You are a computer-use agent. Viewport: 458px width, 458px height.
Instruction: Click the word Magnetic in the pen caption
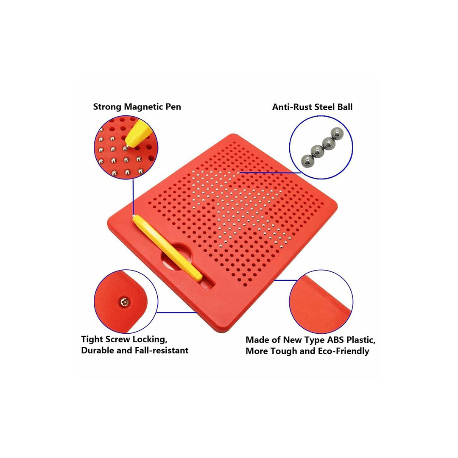pyautogui.click(x=144, y=106)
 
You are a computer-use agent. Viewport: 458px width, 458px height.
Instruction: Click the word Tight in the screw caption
pyautogui.click(x=92, y=339)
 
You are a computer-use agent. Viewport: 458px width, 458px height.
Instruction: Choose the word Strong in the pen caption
pyautogui.click(x=107, y=106)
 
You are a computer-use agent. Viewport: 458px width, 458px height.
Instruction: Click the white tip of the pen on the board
pyautogui.click(x=134, y=217)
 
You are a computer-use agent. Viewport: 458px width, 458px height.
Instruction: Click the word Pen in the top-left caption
pyautogui.click(x=173, y=106)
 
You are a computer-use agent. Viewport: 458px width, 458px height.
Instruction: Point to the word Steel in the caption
pyautogui.click(x=324, y=107)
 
